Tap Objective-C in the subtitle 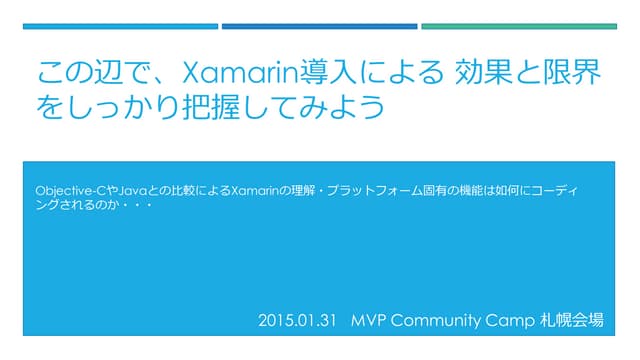(69, 190)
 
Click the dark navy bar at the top (119, 26)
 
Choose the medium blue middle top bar (318, 26)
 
